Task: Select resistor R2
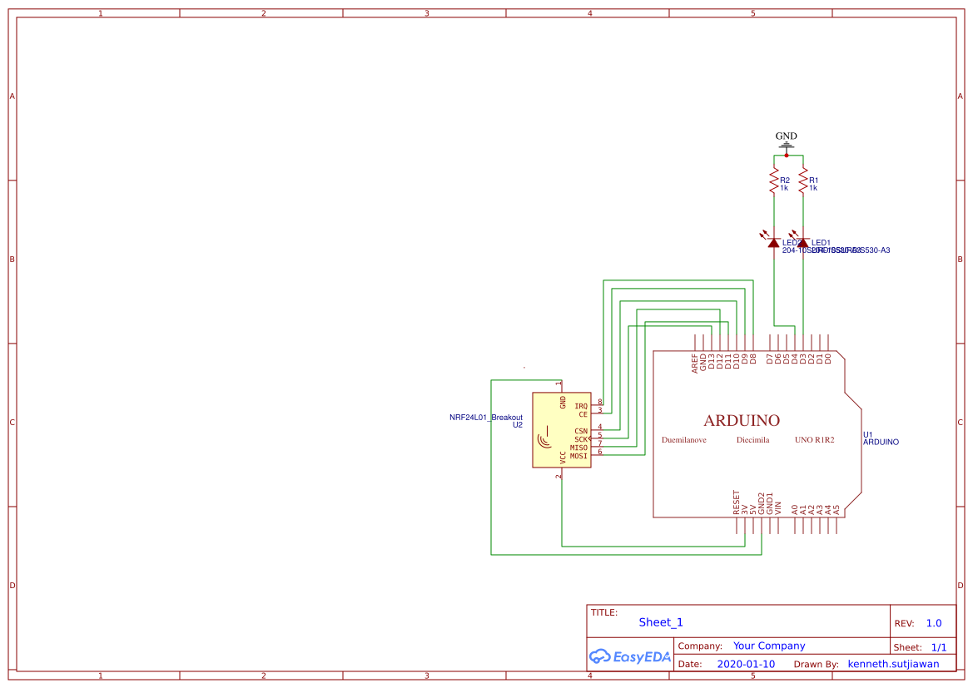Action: pos(774,180)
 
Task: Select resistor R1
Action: pos(803,180)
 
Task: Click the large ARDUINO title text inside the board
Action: pos(742,421)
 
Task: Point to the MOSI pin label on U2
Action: pos(578,456)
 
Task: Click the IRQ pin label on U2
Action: pos(581,406)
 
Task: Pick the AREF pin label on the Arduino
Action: pos(695,364)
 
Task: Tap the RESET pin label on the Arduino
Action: pos(737,502)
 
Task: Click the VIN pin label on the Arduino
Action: pos(778,506)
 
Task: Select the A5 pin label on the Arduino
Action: pos(836,507)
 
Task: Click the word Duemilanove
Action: pos(684,440)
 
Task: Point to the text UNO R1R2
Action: pos(814,440)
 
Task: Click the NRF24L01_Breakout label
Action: pos(486,417)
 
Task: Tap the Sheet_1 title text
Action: pos(661,622)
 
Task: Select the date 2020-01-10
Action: pos(746,664)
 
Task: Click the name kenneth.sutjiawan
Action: pos(893,664)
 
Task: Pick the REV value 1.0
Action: pos(934,623)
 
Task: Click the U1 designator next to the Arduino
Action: pos(868,434)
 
